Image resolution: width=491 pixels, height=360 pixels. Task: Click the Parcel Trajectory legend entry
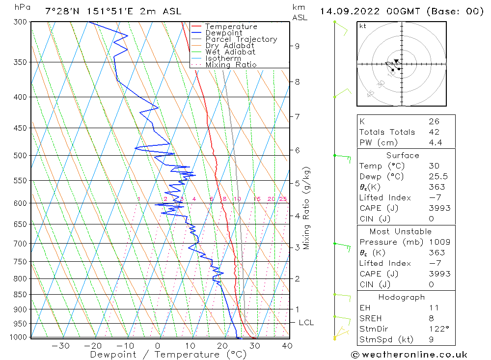pyautogui.click(x=241, y=39)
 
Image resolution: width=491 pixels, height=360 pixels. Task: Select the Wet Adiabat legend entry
pyautogui.click(x=230, y=52)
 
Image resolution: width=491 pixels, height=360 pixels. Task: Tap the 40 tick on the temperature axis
pyautogui.click(x=287, y=346)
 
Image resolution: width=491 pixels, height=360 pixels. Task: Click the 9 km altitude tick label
pyautogui.click(x=297, y=46)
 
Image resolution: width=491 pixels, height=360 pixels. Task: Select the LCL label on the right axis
pyautogui.click(x=306, y=323)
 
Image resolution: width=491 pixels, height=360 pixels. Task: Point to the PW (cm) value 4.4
pyautogui.click(x=435, y=143)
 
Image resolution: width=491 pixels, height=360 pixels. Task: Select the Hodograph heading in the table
pyautogui.click(x=402, y=297)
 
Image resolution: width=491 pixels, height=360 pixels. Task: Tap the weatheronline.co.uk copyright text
pyautogui.click(x=409, y=355)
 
